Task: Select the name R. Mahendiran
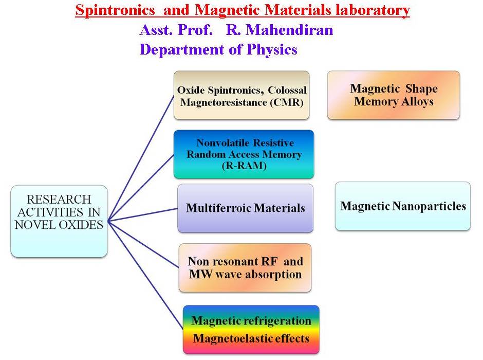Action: click(x=280, y=30)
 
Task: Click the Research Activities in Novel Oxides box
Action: click(x=59, y=221)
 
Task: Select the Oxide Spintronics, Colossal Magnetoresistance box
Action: click(x=242, y=96)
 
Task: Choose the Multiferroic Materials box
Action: click(x=245, y=208)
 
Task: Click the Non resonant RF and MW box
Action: click(x=245, y=267)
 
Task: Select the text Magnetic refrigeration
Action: click(x=251, y=321)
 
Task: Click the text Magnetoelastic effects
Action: click(x=251, y=338)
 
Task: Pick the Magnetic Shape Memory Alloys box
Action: click(x=393, y=95)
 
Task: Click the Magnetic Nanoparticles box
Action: click(x=403, y=206)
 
